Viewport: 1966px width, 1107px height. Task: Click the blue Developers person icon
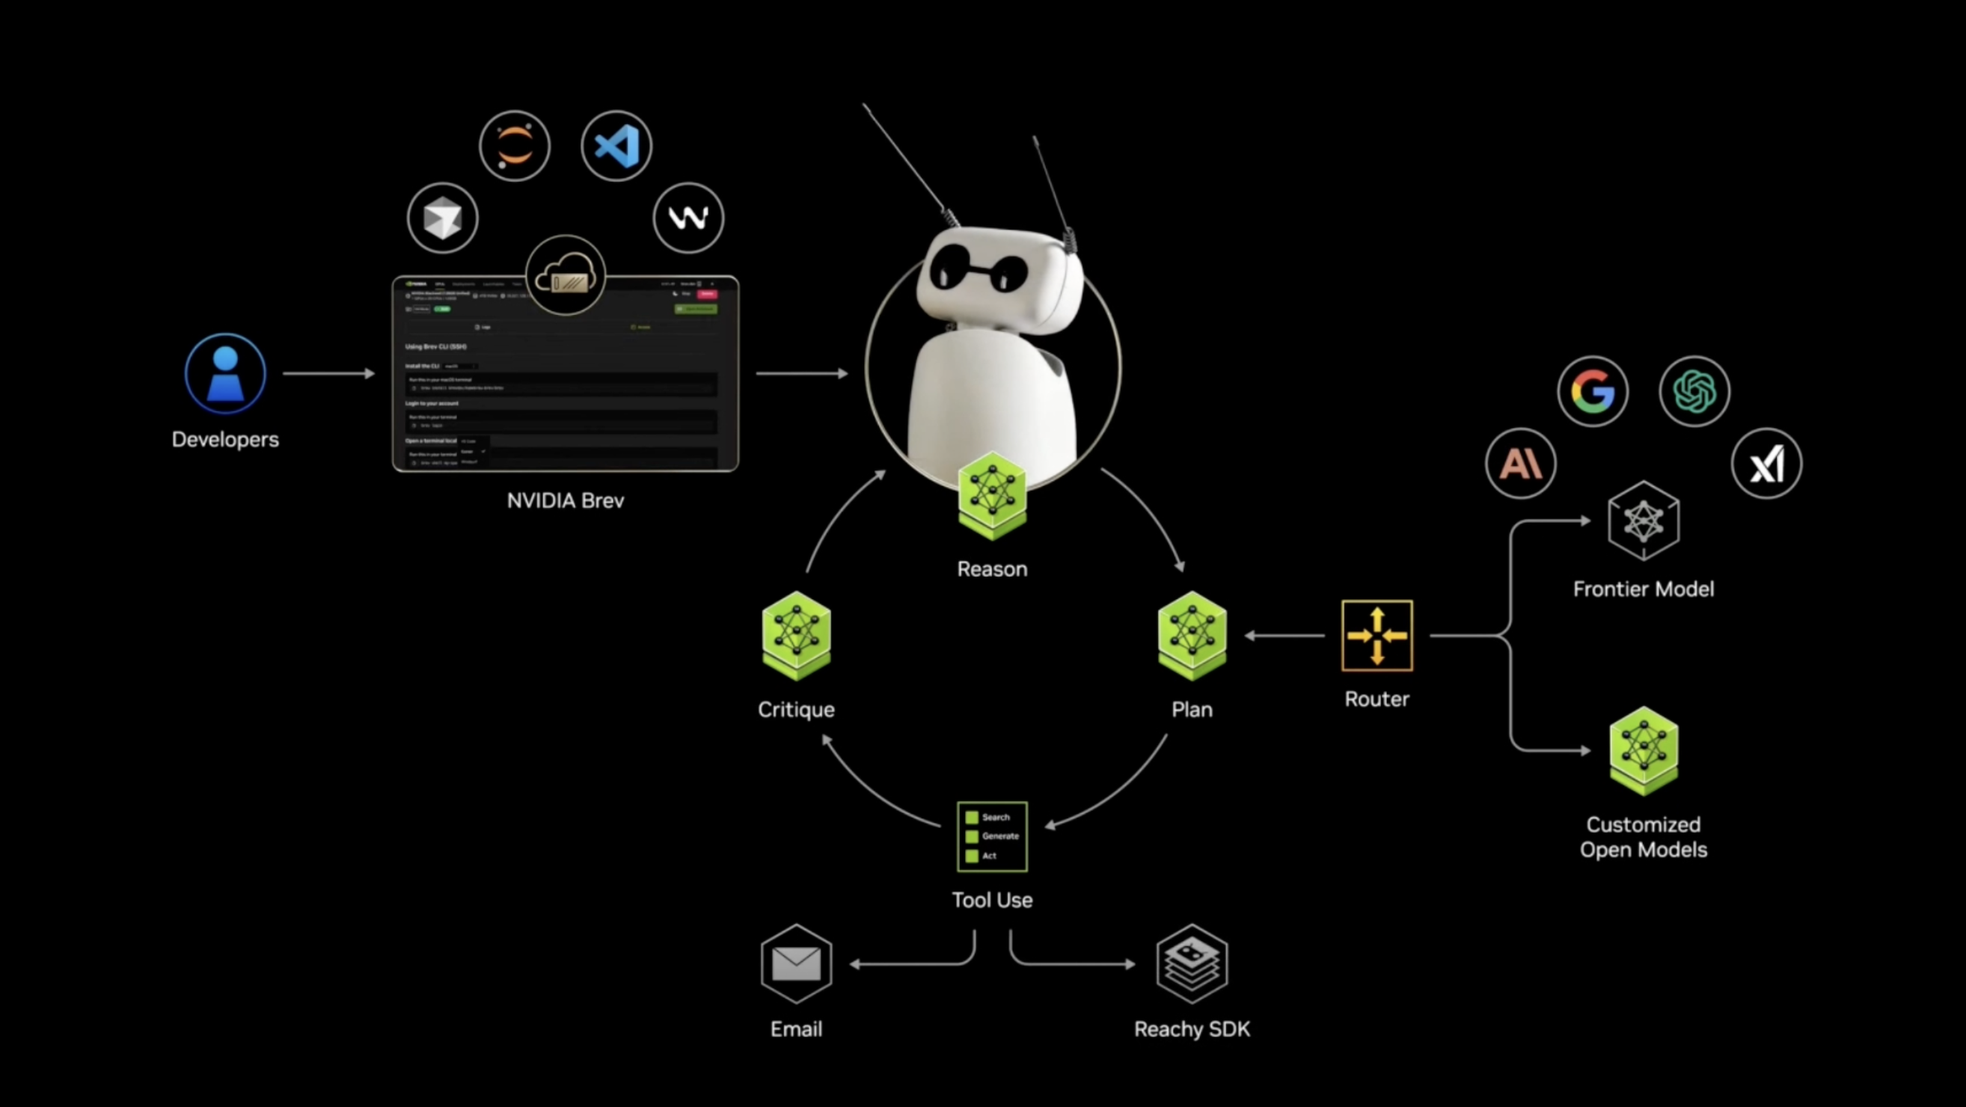click(225, 374)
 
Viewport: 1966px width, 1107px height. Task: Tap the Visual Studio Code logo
click(616, 146)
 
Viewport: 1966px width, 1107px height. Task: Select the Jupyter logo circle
click(515, 146)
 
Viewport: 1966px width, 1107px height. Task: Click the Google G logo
click(1593, 391)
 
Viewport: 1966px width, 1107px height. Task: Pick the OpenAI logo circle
click(1694, 391)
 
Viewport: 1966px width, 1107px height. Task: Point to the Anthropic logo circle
click(1520, 463)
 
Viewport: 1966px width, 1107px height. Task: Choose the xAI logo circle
click(1766, 463)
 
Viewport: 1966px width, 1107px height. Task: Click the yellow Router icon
click(1376, 636)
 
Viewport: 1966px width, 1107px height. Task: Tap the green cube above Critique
click(796, 636)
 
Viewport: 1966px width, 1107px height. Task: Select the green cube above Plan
click(1192, 636)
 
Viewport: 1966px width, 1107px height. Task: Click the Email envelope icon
click(796, 963)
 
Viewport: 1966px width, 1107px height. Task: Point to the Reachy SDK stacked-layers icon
click(1192, 963)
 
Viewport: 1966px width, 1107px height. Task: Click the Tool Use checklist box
click(992, 836)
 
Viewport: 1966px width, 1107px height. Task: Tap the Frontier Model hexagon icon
click(1643, 521)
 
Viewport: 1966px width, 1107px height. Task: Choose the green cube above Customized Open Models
click(1643, 751)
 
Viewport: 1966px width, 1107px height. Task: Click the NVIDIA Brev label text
click(566, 500)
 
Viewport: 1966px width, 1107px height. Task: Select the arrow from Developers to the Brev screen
click(328, 374)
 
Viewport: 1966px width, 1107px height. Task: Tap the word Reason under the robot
click(992, 569)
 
